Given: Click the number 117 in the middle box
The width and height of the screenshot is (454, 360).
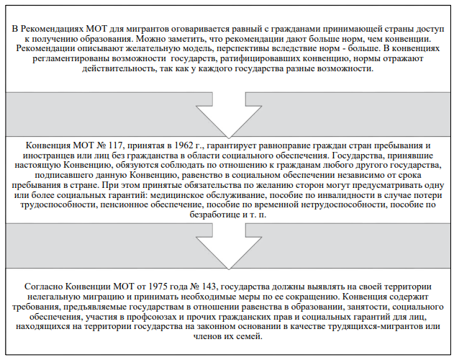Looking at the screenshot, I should click(x=110, y=146).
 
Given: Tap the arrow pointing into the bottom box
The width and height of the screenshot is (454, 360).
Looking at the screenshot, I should click(x=227, y=248).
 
